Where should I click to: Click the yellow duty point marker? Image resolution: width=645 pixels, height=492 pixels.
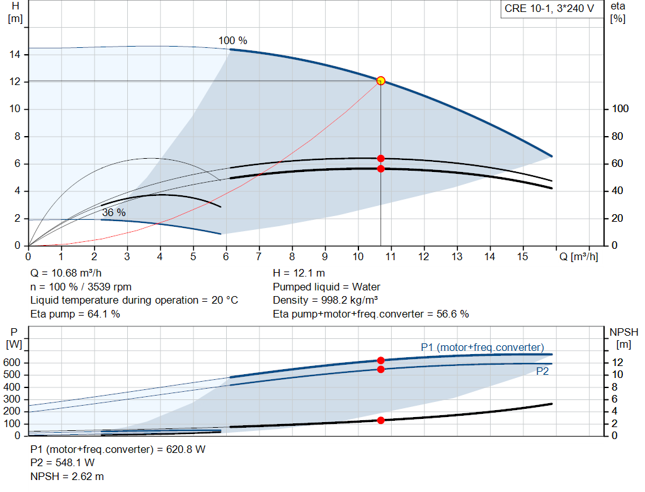click(380, 81)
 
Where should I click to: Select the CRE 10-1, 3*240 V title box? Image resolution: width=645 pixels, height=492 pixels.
click(549, 9)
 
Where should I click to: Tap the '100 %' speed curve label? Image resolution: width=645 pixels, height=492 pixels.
click(233, 40)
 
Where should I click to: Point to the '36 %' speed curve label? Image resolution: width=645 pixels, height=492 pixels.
click(114, 212)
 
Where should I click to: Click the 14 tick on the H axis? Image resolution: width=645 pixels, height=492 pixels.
click(15, 54)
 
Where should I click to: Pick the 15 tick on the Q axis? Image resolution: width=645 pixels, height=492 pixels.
click(522, 256)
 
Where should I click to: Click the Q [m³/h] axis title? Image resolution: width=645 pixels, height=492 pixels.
click(579, 256)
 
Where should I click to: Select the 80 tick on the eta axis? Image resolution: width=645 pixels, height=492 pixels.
click(617, 136)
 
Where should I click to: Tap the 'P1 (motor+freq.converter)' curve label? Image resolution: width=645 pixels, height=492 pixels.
click(482, 348)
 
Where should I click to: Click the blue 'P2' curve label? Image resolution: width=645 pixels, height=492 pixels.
click(542, 372)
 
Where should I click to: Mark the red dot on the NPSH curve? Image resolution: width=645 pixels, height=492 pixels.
click(380, 420)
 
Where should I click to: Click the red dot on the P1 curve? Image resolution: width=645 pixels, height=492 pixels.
click(380, 360)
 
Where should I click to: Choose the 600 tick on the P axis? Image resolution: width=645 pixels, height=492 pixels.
click(11, 362)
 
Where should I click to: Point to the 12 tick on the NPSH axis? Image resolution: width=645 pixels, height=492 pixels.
click(617, 362)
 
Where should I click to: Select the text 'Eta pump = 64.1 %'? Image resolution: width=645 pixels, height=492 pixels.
click(76, 314)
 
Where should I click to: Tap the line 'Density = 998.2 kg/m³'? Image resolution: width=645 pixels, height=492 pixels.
click(326, 300)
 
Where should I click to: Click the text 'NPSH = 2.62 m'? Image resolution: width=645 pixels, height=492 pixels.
click(67, 476)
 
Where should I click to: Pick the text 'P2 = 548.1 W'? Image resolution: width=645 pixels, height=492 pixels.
click(62, 463)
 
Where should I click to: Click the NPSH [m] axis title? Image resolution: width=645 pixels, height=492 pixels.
click(624, 338)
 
